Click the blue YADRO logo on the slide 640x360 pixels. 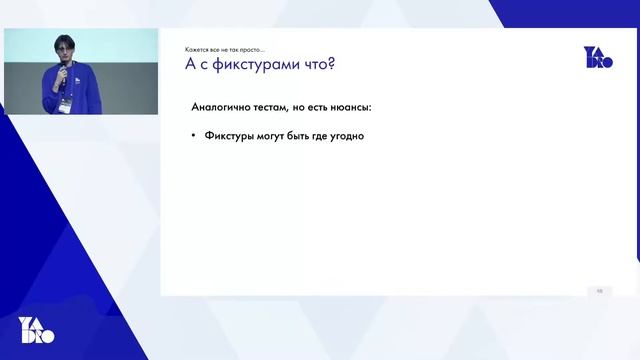598,57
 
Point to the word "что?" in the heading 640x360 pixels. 317,65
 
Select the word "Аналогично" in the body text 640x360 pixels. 221,106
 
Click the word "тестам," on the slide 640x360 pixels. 276,106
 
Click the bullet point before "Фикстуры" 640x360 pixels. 193,136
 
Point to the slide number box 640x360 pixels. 599,290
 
